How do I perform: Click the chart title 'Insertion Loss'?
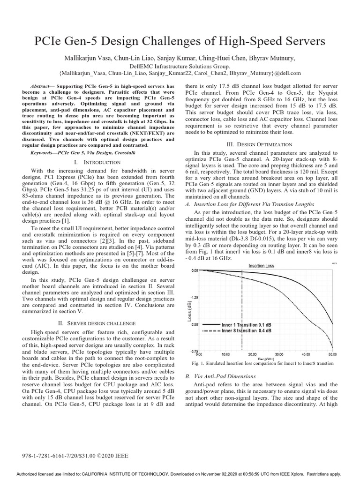click(261, 265)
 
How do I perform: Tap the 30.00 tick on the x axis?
click(279, 354)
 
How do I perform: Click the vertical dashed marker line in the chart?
click(241, 309)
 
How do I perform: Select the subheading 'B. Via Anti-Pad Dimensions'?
click(220, 376)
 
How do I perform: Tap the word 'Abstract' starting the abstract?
click(41, 87)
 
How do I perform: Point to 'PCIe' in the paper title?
click(50, 41)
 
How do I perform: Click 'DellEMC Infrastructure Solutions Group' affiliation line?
click(180, 66)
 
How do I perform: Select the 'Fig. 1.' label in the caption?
click(193, 363)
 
